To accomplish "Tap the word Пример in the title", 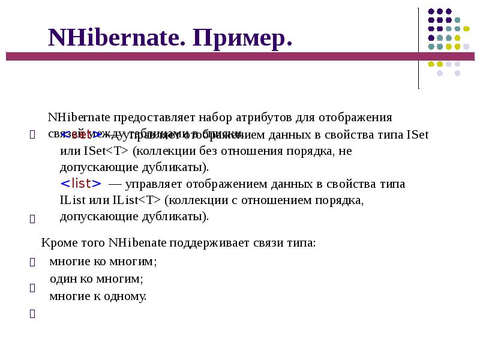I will click(243, 38).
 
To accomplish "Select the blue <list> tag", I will click(80, 183).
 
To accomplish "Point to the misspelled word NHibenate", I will click(137, 243).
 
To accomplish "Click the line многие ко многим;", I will click(103, 262).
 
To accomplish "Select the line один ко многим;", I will click(96, 279).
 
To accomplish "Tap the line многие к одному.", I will click(98, 296).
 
